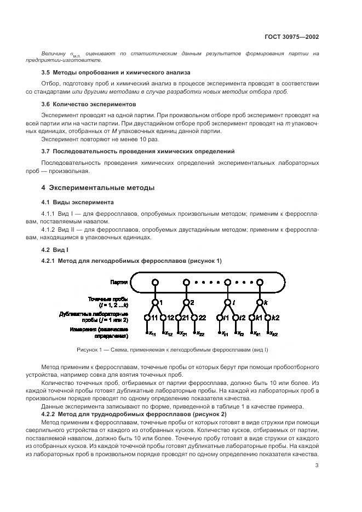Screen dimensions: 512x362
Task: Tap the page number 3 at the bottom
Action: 317,466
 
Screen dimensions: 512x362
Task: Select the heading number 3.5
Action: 45,72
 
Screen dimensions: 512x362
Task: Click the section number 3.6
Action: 45,104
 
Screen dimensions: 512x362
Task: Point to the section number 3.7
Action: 45,151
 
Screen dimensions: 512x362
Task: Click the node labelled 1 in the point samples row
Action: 155,302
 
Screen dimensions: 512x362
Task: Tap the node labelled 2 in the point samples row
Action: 186,302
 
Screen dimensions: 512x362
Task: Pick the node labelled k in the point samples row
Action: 260,302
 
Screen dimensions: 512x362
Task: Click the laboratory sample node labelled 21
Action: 178,318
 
